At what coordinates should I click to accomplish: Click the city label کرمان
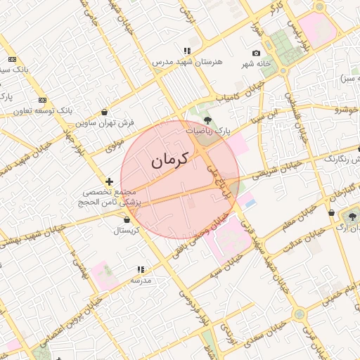click(x=170, y=160)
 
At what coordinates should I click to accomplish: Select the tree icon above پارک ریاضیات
click(x=207, y=120)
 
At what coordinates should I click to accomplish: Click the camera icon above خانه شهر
click(x=256, y=53)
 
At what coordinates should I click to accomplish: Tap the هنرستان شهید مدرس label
click(x=187, y=62)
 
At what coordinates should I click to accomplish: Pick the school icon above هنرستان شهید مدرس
click(x=187, y=51)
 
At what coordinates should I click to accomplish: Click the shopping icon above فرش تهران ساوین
click(x=105, y=112)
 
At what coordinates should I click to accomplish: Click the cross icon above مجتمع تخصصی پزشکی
click(x=109, y=182)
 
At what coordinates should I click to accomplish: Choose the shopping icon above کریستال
click(x=126, y=219)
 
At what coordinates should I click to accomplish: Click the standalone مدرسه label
click(x=141, y=280)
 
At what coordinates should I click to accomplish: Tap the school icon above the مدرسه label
click(x=141, y=269)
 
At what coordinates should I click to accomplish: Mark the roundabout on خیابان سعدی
click(x=282, y=71)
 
